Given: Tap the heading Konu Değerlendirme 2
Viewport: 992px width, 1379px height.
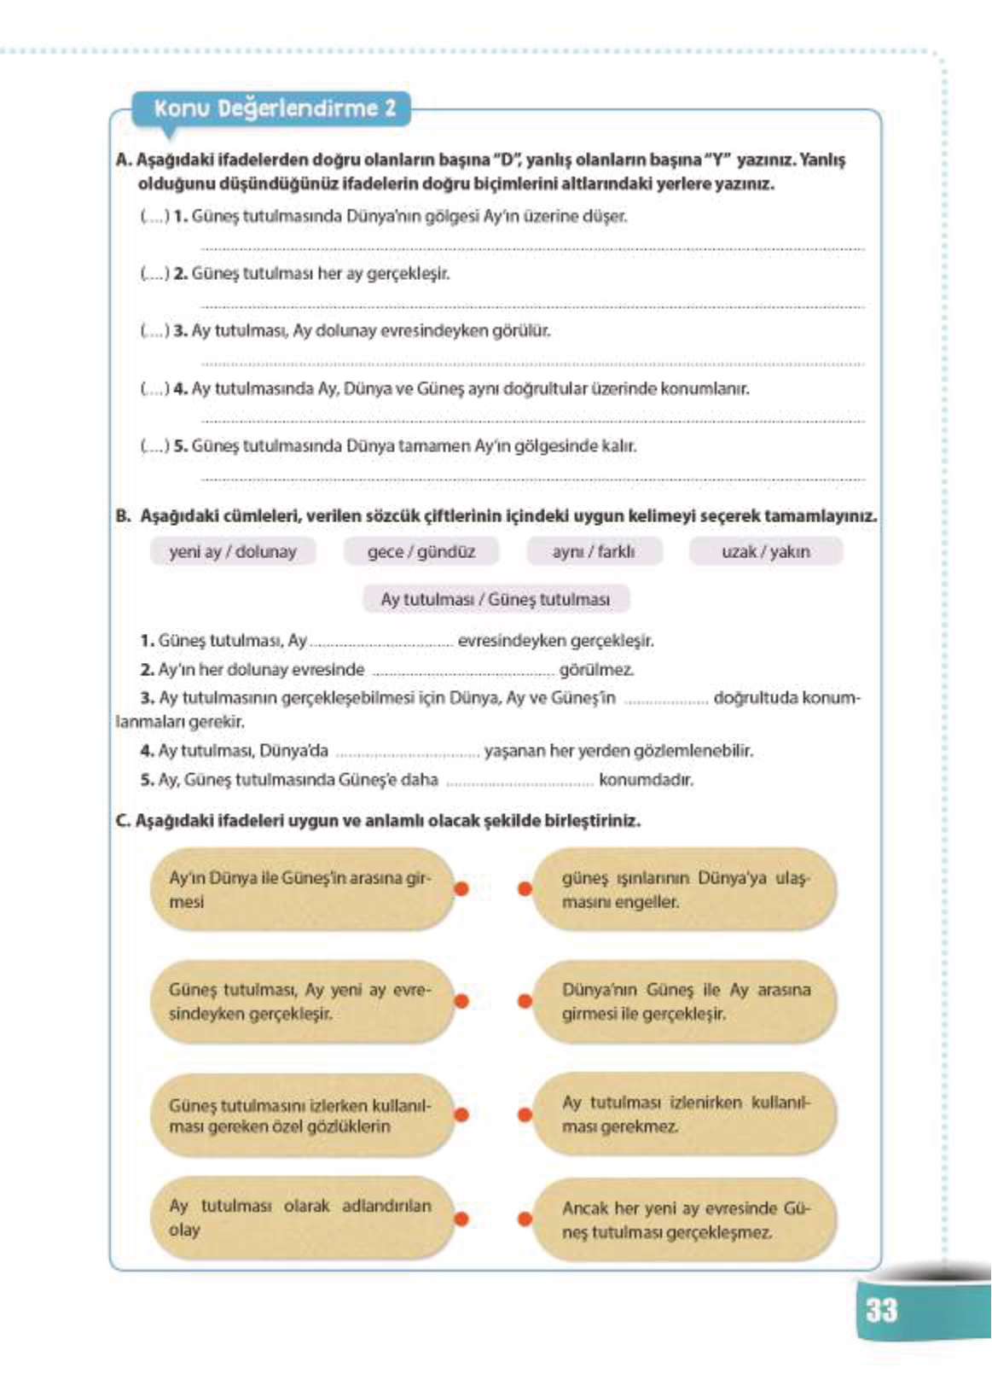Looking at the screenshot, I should (275, 109).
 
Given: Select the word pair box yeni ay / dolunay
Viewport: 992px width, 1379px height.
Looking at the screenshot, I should (232, 551).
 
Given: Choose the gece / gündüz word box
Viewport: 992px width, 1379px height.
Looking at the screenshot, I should (421, 551).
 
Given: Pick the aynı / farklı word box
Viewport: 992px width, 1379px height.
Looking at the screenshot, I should (593, 551).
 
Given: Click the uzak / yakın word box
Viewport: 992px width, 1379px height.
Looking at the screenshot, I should (765, 551).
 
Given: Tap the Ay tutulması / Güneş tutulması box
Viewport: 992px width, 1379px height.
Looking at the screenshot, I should (495, 599).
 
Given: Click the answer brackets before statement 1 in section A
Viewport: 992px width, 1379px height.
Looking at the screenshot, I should (154, 217).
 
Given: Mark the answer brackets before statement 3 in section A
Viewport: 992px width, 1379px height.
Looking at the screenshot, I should (154, 331).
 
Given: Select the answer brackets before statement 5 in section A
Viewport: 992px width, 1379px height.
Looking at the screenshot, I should (154, 446).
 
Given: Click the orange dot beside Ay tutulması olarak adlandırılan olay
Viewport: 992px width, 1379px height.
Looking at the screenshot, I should (461, 1219).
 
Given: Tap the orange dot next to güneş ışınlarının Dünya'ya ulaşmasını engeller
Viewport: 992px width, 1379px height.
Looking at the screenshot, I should (525, 889).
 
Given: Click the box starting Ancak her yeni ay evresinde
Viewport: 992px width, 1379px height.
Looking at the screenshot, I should (684, 1219).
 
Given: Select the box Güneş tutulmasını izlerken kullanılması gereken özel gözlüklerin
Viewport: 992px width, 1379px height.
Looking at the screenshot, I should (300, 1114).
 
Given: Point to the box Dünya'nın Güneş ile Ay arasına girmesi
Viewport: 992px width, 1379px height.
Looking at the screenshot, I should (684, 1002).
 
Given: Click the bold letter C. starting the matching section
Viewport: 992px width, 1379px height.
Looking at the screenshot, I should (123, 821).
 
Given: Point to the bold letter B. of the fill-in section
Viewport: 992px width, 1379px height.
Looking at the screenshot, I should (123, 516).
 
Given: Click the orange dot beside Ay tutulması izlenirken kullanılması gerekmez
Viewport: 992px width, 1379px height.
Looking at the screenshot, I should (525, 1114).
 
